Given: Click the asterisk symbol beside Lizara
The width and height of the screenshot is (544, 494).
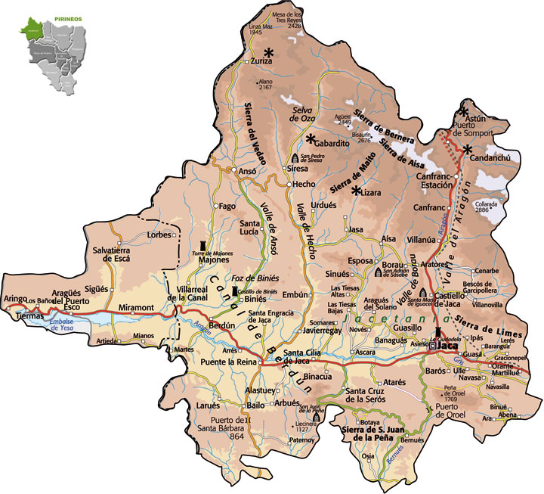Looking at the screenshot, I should (x=355, y=191).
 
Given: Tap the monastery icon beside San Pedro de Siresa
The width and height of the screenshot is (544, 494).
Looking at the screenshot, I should (x=295, y=159).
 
